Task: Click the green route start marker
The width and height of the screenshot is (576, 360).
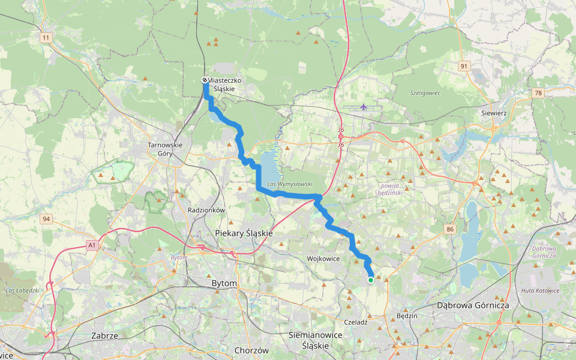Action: click(371, 280)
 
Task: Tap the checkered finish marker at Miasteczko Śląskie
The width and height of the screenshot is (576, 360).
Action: click(205, 80)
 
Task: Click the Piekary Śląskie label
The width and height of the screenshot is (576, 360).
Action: click(244, 233)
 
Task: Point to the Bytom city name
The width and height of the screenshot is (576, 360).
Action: click(225, 283)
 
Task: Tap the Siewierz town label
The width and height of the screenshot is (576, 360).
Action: click(495, 112)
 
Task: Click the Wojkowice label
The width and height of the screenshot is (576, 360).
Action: click(323, 259)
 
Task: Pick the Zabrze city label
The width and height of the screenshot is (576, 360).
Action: click(105, 335)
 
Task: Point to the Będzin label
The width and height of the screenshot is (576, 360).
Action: click(407, 315)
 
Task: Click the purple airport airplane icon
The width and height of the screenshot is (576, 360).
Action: click(364, 107)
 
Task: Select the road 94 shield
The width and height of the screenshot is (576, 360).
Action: click(46, 218)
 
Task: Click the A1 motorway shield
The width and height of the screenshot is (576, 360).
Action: click(92, 245)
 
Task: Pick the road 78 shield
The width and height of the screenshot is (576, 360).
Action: click(538, 92)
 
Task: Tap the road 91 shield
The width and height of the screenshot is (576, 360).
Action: click(464, 66)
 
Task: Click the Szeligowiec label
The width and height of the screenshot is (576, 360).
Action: click(425, 93)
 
